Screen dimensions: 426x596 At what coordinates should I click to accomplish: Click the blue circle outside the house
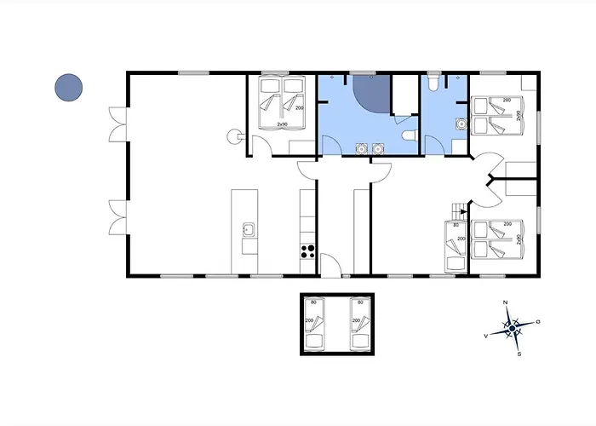pos(68,86)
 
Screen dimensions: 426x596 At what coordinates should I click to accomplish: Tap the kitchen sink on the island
pos(249,228)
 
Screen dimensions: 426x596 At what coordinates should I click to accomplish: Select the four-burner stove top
pos(307,251)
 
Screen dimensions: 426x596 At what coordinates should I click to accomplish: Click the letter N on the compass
pos(506,303)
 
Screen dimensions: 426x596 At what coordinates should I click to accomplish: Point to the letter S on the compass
pos(519,354)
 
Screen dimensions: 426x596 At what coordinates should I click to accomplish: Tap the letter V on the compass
pos(486,336)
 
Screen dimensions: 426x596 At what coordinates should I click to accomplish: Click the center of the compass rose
pos(513,327)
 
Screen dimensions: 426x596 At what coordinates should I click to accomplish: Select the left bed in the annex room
pos(315,325)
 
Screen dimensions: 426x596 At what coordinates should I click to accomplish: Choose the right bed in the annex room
pos(359,325)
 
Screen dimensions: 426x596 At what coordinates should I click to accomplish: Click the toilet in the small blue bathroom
pos(435,83)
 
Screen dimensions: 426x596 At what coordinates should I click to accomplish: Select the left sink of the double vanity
pos(359,147)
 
